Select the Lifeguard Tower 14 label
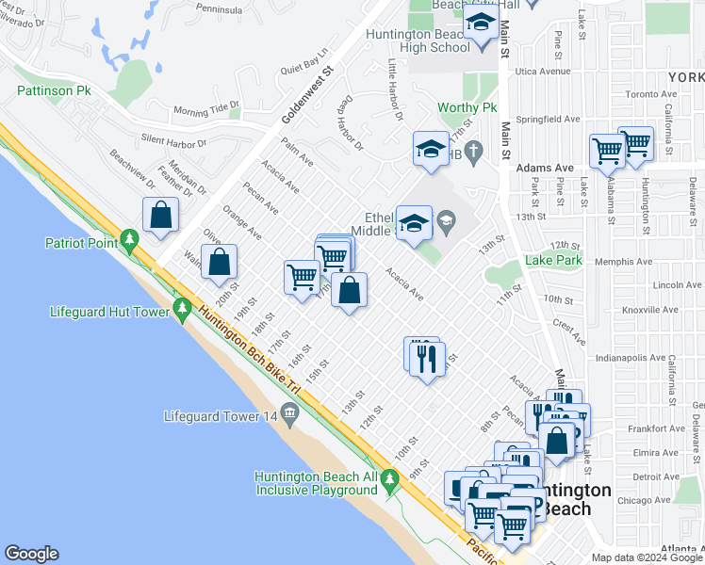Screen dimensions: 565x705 point(221,415)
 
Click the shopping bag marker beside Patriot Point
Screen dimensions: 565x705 point(161,215)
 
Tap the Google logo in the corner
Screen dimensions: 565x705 point(31,554)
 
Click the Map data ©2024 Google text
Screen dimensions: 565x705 point(646,557)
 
